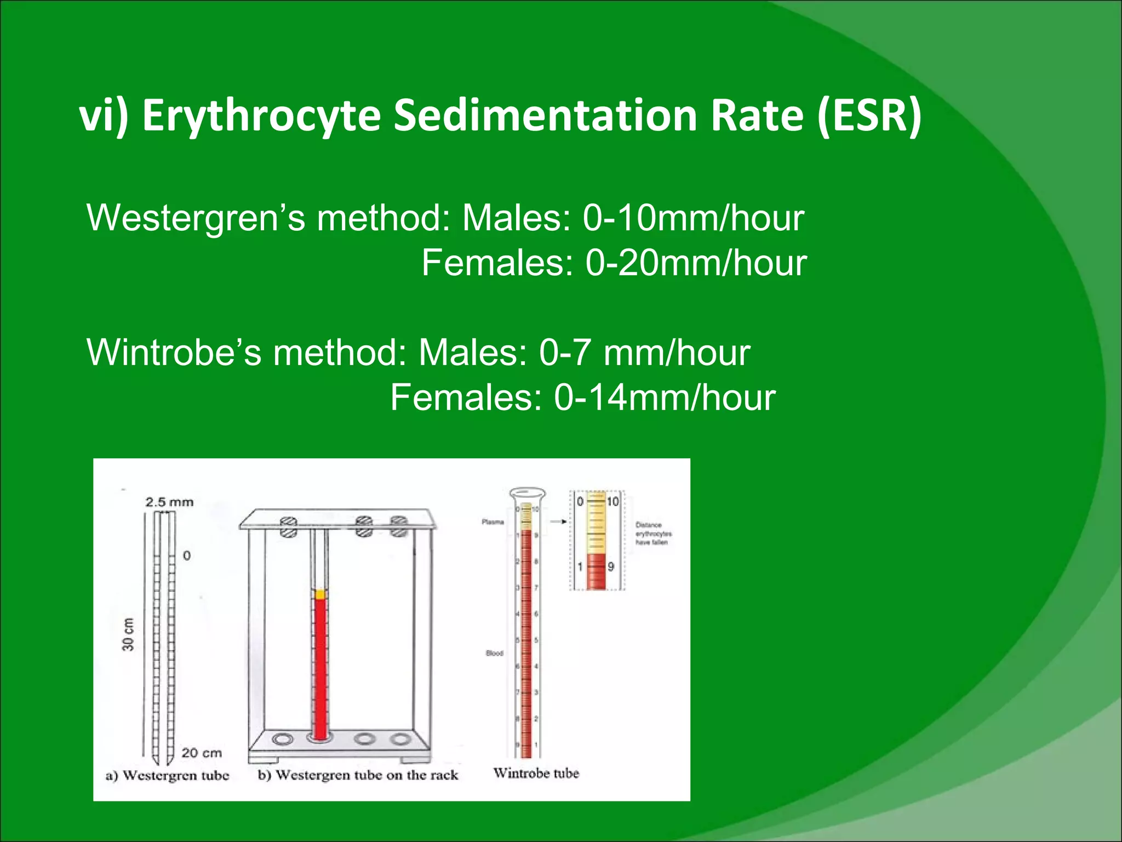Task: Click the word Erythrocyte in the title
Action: point(261,116)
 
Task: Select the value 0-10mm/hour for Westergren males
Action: point(693,218)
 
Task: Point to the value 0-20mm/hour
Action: point(696,263)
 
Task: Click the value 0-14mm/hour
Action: point(665,397)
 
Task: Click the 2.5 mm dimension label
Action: point(169,502)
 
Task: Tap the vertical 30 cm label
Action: point(128,634)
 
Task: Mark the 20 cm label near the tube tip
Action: point(202,753)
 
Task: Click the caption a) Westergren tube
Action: point(167,775)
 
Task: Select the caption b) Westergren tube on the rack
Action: point(358,775)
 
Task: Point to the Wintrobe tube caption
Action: point(536,773)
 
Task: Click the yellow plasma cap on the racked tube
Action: point(320,594)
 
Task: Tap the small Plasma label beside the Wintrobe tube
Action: point(493,522)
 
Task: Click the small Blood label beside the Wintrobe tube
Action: point(494,653)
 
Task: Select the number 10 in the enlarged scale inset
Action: point(612,502)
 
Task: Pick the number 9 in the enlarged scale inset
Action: point(611,566)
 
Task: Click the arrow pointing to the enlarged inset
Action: point(558,521)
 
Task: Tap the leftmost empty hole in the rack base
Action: point(282,739)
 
